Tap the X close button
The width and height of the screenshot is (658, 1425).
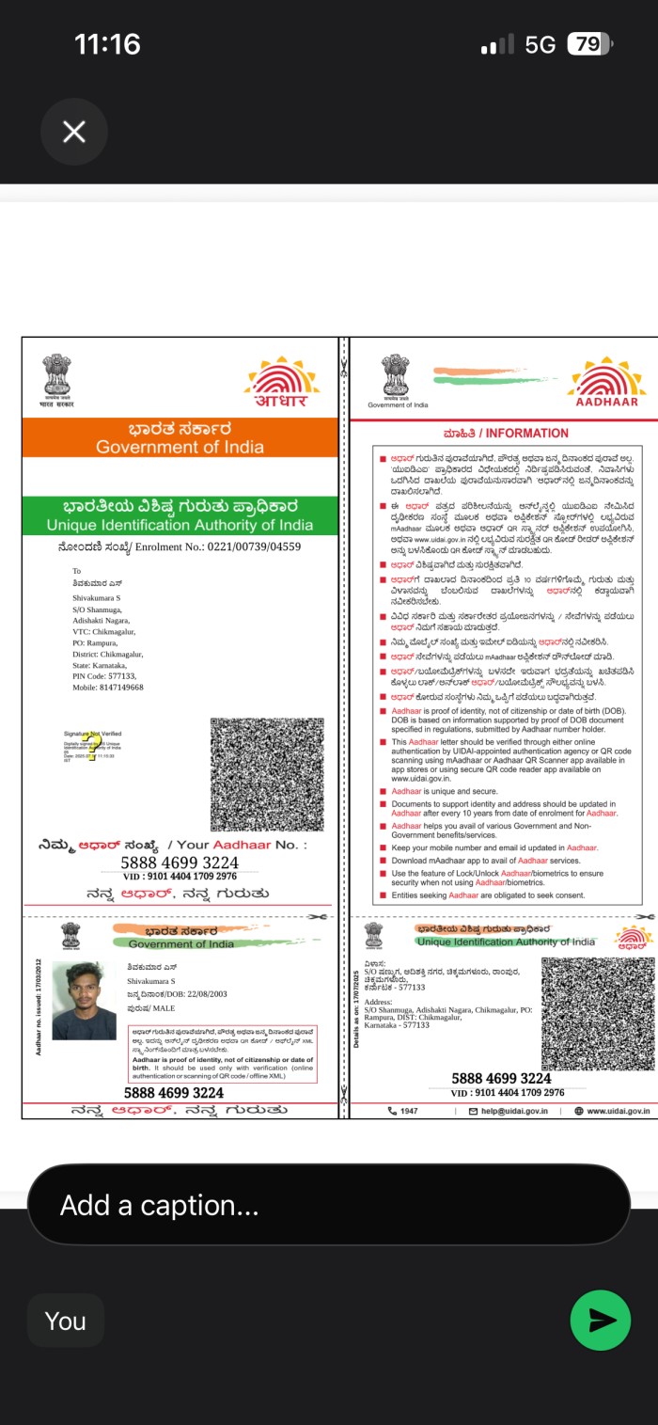[x=74, y=132]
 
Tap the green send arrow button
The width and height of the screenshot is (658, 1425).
[x=601, y=1321]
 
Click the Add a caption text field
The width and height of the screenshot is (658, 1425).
[x=328, y=1205]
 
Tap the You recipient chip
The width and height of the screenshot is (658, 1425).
[x=65, y=1321]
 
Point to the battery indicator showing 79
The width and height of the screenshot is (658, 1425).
[x=589, y=44]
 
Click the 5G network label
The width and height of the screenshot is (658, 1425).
[x=540, y=44]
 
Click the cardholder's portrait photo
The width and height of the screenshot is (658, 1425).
[x=85, y=1000]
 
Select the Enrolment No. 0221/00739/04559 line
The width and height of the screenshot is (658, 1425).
[x=179, y=546]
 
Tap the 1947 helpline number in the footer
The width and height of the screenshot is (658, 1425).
[x=404, y=1111]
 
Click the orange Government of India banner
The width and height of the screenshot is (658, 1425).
[x=180, y=438]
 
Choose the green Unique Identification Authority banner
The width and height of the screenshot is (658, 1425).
[x=180, y=516]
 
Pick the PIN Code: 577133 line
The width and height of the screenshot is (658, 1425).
[x=104, y=650]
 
